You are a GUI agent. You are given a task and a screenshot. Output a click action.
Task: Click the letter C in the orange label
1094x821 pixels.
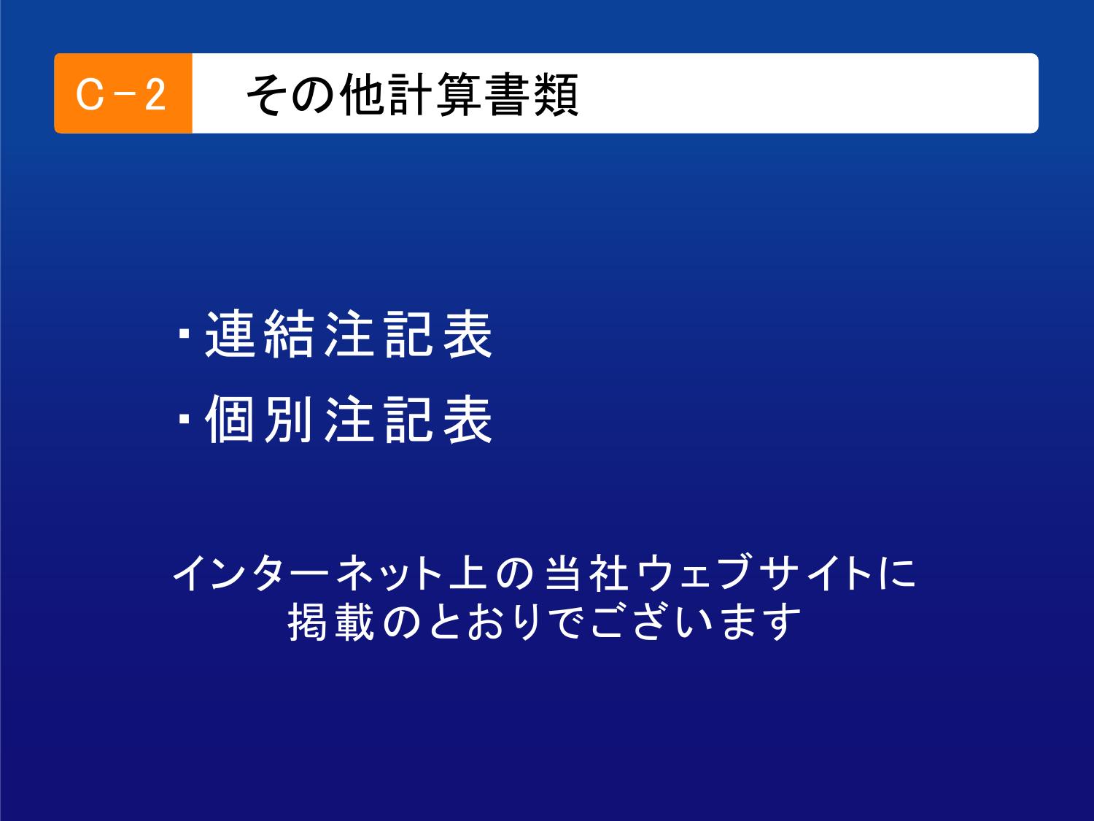[x=90, y=94]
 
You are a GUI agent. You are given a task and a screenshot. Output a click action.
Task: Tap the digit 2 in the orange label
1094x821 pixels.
[x=155, y=94]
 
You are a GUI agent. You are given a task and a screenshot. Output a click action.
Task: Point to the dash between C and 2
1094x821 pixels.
[x=123, y=95]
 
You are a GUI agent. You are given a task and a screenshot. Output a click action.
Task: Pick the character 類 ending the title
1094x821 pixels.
[x=556, y=95]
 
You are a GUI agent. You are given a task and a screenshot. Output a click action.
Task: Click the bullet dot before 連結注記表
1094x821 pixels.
[x=184, y=334]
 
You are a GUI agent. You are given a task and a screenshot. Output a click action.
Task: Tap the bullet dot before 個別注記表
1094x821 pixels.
[x=184, y=419]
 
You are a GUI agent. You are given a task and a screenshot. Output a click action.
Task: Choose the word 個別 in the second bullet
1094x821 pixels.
[x=259, y=419]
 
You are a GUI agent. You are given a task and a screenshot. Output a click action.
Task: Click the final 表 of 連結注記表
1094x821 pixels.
[x=468, y=334]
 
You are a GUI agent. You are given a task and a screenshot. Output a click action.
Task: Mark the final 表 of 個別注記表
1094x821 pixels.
[x=468, y=419]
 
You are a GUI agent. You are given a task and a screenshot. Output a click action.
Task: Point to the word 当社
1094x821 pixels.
[x=586, y=573]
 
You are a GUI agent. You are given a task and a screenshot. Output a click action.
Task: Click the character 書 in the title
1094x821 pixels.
[x=508, y=95]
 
